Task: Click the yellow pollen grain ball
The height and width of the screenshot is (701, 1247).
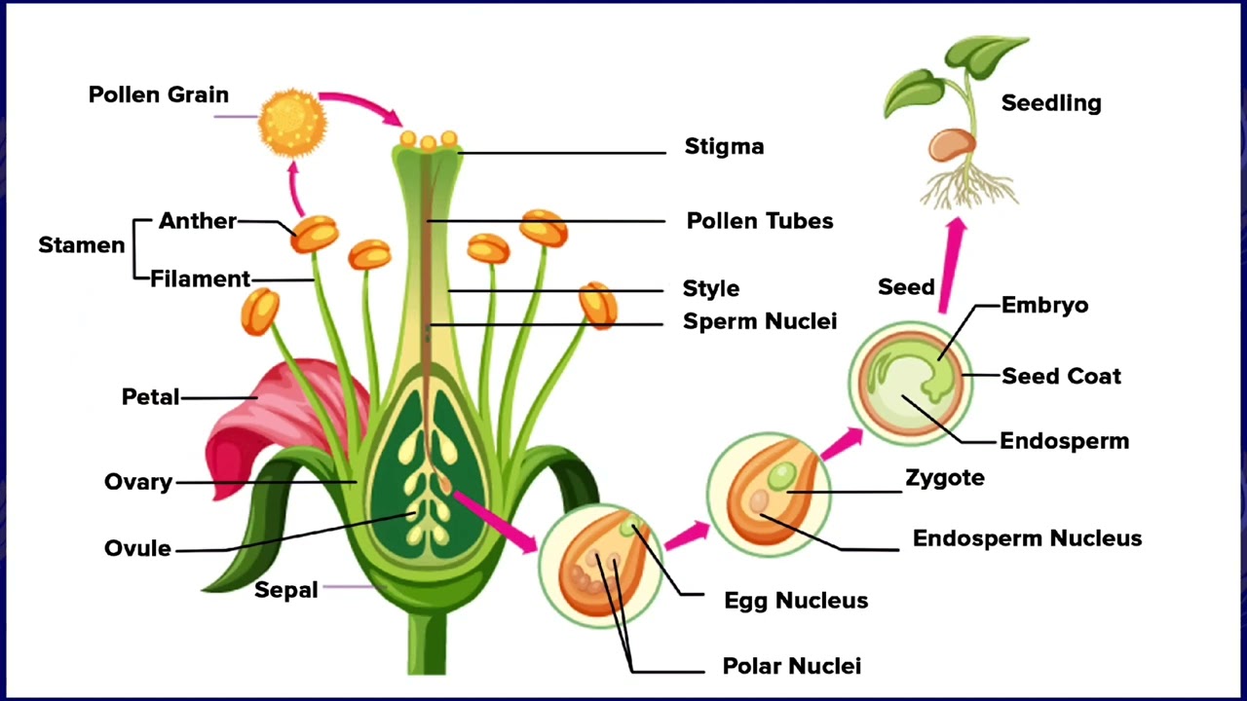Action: coord(291,122)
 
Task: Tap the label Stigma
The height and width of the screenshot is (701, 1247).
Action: coord(724,147)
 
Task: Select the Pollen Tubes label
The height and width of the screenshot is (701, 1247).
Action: coord(760,221)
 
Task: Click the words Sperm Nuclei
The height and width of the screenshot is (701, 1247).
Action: coord(760,321)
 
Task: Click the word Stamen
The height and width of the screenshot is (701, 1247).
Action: coord(82,245)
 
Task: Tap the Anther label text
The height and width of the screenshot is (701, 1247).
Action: coord(198,221)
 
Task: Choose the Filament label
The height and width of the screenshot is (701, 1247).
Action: coord(201,279)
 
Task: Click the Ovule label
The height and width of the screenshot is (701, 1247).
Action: coord(137,548)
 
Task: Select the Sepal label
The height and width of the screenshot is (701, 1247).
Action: coord(286,590)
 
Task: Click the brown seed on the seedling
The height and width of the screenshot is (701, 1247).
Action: coord(951,146)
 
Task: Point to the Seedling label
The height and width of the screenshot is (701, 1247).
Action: coord(1051,103)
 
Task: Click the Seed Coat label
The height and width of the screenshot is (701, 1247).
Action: coord(1061,376)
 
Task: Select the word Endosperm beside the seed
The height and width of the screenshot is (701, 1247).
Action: coord(1064,441)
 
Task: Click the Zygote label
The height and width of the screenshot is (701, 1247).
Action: coord(945,478)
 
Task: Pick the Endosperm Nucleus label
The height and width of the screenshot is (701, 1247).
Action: coord(1027,538)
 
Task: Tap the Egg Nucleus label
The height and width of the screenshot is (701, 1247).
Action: coord(796,601)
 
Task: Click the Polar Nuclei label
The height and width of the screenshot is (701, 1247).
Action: coord(791,667)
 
